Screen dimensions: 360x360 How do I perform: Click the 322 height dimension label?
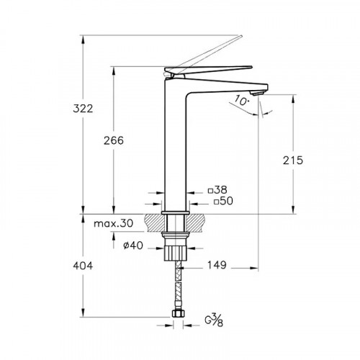click(83, 109)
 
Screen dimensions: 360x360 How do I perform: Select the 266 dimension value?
click(114, 140)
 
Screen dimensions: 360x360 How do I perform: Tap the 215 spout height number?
click(293, 161)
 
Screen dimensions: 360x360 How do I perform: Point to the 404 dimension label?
click(83, 266)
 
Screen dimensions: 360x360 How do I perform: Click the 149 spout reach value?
click(217, 265)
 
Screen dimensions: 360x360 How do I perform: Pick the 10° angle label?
click(241, 100)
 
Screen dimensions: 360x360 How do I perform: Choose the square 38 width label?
click(217, 190)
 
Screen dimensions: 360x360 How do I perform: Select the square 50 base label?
click(223, 201)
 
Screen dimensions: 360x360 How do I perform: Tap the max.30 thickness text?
click(113, 223)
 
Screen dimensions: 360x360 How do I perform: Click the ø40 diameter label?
click(133, 246)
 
